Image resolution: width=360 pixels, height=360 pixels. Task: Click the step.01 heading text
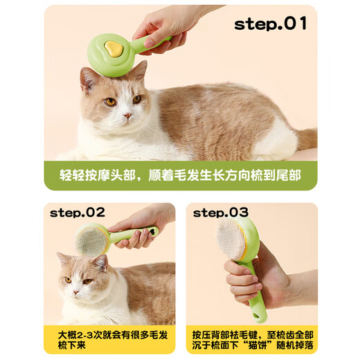coord(270,24)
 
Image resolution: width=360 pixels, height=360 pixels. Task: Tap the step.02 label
coord(77,212)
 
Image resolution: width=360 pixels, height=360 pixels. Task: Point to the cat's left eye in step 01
coord(110,102)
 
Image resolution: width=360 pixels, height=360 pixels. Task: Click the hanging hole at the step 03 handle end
coord(258,317)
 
